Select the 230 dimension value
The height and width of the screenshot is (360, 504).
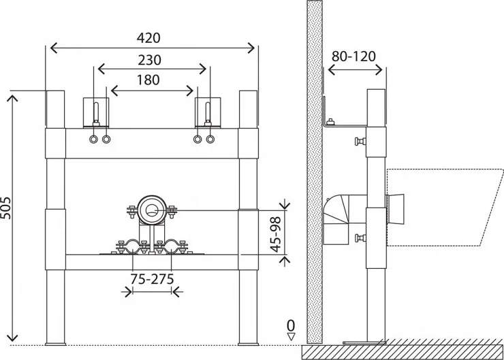click(x=150, y=59)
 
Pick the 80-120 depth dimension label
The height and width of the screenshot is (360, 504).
click(x=353, y=56)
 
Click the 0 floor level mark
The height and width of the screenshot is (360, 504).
click(x=291, y=325)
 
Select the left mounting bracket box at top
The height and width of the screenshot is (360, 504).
click(x=95, y=112)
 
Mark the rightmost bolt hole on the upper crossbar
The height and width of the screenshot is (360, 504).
click(x=210, y=140)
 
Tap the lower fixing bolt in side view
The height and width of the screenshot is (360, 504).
click(x=359, y=238)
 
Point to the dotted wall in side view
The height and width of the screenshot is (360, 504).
click(x=314, y=170)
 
